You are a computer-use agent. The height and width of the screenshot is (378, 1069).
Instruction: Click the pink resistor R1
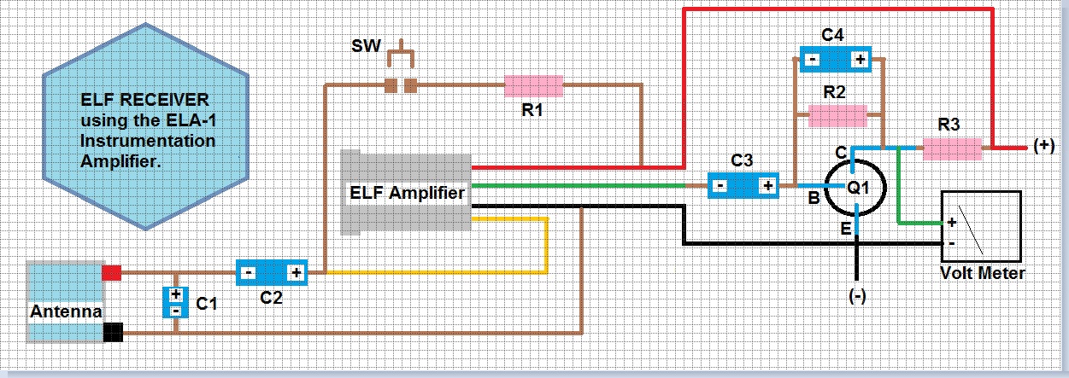pyautogui.click(x=533, y=85)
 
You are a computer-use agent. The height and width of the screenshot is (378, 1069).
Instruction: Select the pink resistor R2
pyautogui.click(x=837, y=114)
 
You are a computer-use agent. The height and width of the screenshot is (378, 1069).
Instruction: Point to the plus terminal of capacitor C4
pyautogui.click(x=859, y=60)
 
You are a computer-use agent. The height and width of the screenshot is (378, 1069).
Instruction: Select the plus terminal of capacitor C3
pyautogui.click(x=767, y=185)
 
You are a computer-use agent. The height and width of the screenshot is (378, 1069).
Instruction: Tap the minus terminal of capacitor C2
pyautogui.click(x=248, y=273)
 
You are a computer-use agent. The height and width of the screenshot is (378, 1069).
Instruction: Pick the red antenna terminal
pyautogui.click(x=112, y=273)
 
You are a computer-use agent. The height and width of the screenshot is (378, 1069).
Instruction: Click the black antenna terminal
pyautogui.click(x=112, y=332)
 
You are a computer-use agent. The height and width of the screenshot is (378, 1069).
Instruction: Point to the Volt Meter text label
pyautogui.click(x=982, y=273)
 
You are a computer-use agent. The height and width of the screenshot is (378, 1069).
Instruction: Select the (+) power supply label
pyautogui.click(x=1043, y=146)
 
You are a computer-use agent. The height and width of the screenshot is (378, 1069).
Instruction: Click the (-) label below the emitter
pyautogui.click(x=858, y=295)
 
